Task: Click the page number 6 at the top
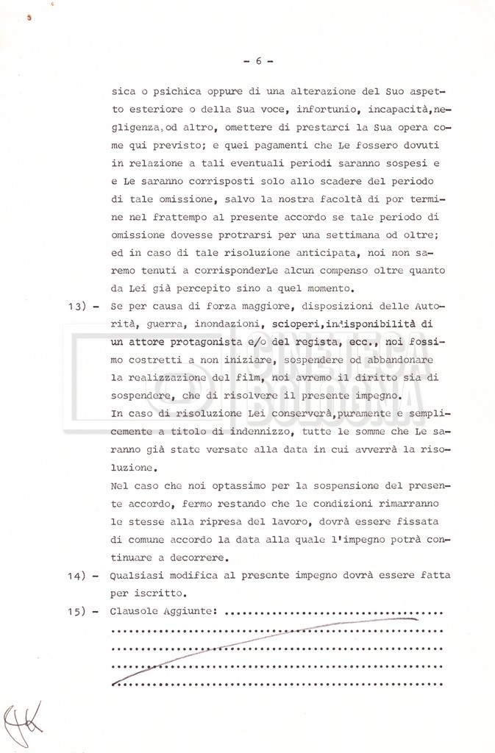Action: click(x=258, y=61)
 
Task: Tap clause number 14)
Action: click(x=75, y=575)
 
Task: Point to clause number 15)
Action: click(x=75, y=612)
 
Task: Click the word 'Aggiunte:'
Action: click(x=190, y=612)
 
